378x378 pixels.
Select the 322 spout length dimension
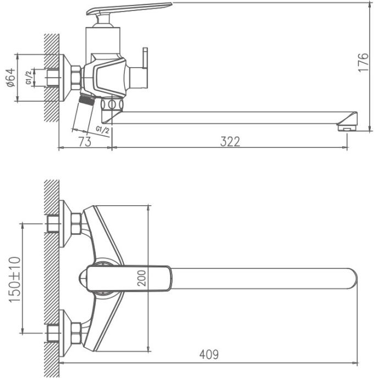pos(230,141)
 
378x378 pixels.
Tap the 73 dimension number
pos(84,141)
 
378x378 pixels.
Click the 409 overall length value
pos(208,355)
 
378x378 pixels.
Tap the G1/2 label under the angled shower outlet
pos(102,129)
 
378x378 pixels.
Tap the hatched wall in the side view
pos(51,77)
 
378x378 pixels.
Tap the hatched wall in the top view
pos(51,278)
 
